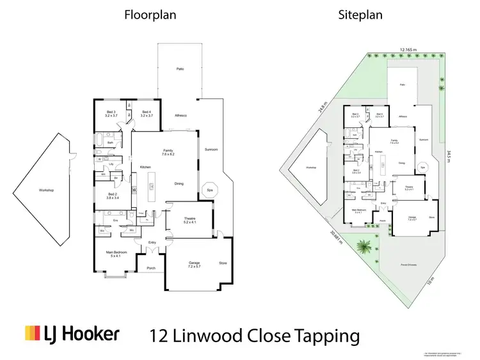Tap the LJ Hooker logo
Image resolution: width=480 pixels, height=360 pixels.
pyautogui.click(x=72, y=334)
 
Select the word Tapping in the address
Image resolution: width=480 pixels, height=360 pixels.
pyautogui.click(x=328, y=335)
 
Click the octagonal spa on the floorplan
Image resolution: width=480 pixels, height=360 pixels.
pyautogui.click(x=209, y=191)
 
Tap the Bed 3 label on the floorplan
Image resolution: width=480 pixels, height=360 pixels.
pyautogui.click(x=111, y=114)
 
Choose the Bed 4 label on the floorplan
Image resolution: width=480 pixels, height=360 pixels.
pyautogui.click(x=145, y=114)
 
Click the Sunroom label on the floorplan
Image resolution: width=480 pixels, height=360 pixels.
pyautogui.click(x=211, y=150)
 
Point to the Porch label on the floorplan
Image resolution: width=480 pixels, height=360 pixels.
pyautogui.click(x=151, y=268)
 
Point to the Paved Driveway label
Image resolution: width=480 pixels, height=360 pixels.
pyautogui.click(x=407, y=263)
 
